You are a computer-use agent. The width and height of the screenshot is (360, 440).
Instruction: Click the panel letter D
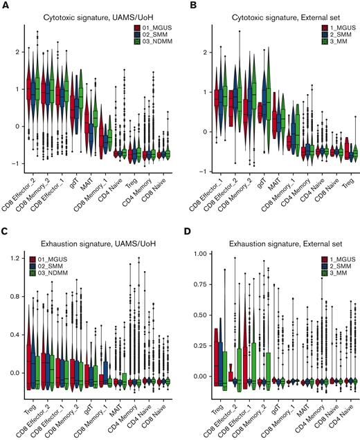coord(188,226)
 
